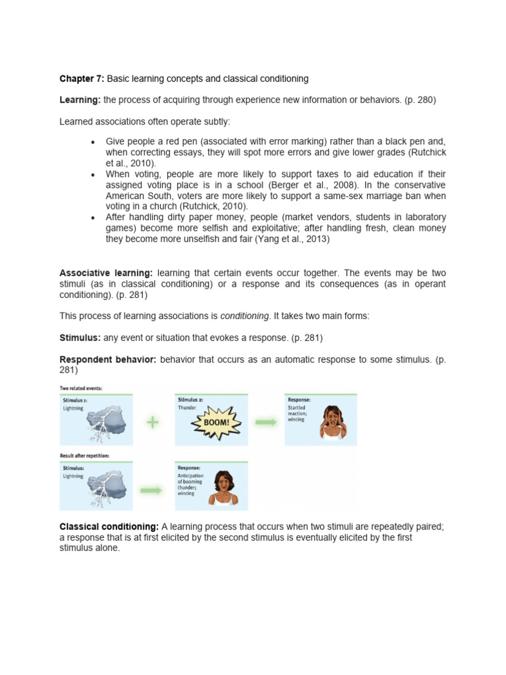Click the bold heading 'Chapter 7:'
coord(82,78)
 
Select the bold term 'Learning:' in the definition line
coord(80,100)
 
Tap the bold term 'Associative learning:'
coord(106,273)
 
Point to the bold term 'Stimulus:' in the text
coord(80,338)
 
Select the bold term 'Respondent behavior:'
coord(108,359)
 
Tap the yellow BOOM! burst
coord(216,422)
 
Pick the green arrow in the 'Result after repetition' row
coord(153,490)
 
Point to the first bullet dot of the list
coord(93,142)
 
